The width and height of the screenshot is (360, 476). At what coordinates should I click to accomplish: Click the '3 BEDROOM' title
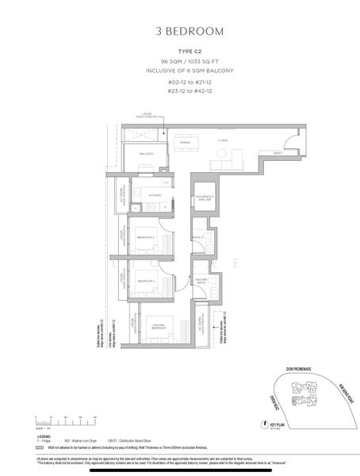(180, 32)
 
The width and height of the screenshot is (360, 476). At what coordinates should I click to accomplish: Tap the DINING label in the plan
(185, 143)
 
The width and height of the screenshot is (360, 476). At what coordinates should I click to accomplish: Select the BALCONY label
(147, 153)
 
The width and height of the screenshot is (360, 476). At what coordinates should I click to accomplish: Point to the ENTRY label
(278, 152)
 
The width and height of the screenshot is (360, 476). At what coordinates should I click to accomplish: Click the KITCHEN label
(155, 194)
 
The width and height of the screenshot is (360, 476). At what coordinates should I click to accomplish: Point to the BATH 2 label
(197, 236)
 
